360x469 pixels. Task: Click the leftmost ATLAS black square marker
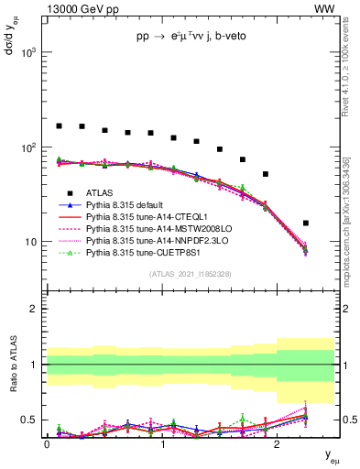pyautogui.click(x=59, y=125)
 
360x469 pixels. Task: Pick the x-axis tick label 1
pyautogui.click(x=162, y=442)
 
